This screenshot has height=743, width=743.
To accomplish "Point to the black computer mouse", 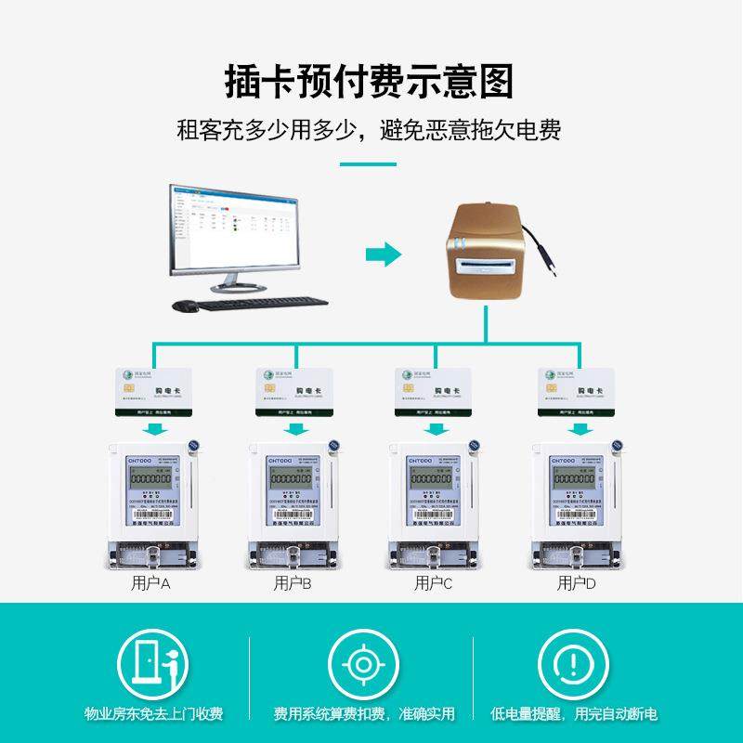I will point(187,305).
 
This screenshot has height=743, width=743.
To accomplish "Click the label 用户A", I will point(150,584).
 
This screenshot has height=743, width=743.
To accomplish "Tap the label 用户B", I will point(293,584).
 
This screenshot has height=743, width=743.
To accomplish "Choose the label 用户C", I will point(433,584).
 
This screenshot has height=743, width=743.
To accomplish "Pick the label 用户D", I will point(576,584).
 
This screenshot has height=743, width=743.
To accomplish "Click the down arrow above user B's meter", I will point(296,428).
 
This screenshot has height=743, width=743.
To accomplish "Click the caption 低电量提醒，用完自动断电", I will point(574,714).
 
